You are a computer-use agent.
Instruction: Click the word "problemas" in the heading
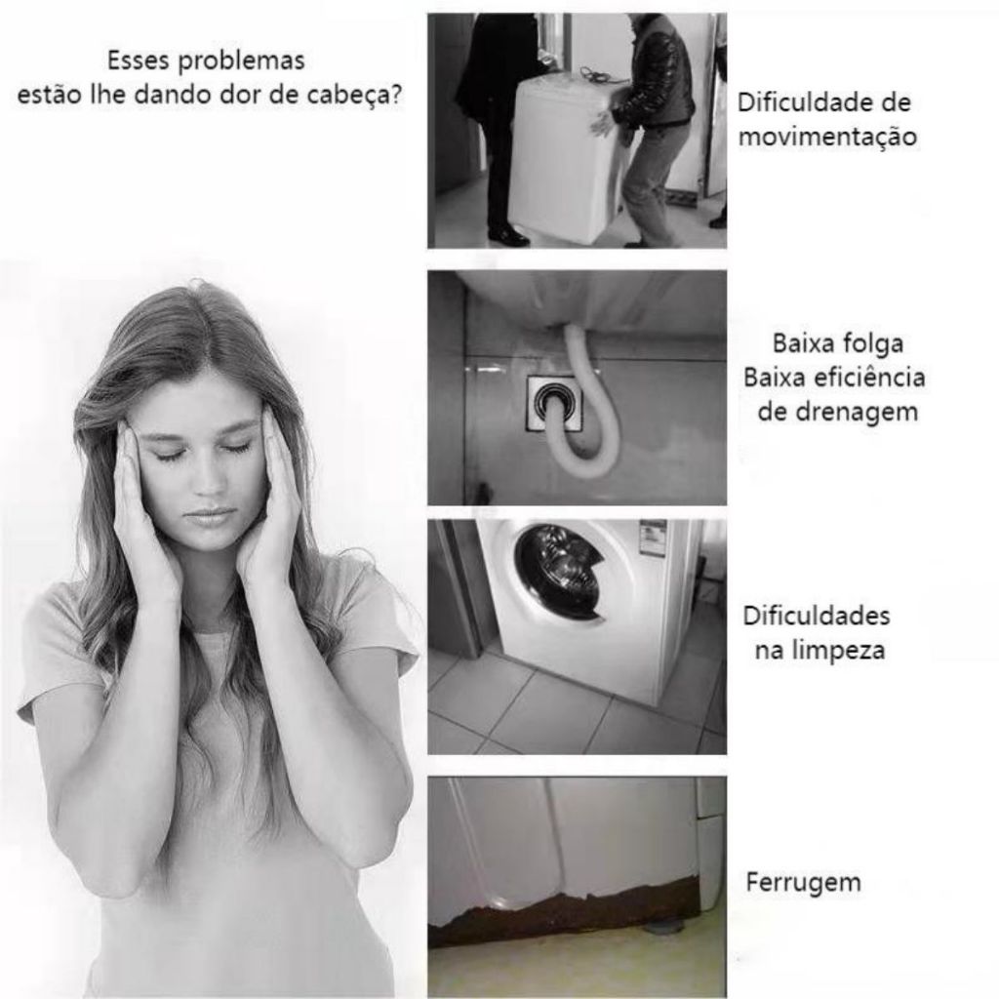241,61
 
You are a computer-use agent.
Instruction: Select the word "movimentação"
827,137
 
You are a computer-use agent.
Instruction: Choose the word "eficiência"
867,378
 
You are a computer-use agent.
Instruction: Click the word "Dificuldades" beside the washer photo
817,617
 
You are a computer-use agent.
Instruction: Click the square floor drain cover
555,404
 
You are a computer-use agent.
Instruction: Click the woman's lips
209,514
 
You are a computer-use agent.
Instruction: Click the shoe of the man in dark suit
508,237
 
